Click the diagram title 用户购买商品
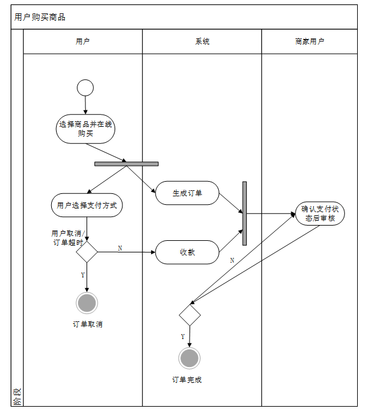[40, 17]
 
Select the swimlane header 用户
[83, 41]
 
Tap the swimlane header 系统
[202, 41]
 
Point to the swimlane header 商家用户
[310, 41]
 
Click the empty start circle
[85, 88]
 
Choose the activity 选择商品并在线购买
[85, 129]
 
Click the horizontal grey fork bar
[126, 163]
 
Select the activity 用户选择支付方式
[87, 205]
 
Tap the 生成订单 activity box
[187, 193]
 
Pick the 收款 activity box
[187, 252]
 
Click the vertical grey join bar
[244, 213]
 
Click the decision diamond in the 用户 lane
[87, 251]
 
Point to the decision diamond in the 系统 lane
[190, 315]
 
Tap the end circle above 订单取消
[87, 302]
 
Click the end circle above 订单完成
[190, 358]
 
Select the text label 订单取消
[87, 324]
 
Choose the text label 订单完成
[187, 380]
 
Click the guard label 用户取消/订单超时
[67, 238]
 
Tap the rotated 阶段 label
[17, 398]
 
